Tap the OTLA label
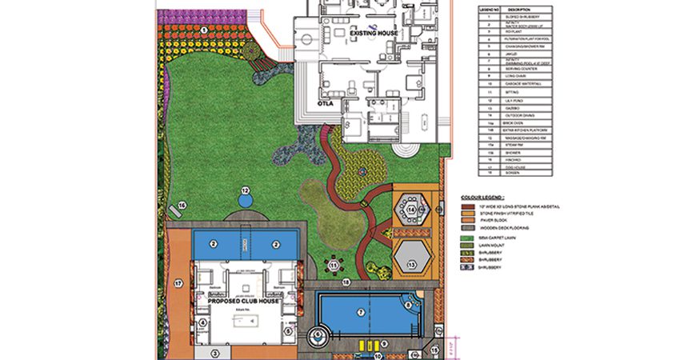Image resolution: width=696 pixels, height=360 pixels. (325, 103)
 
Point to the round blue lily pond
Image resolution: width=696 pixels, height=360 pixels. (246, 194)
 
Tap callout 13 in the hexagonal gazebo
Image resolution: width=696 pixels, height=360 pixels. (412, 263)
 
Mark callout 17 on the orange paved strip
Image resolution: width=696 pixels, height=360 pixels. (178, 282)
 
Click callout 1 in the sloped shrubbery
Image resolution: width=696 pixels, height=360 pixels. (204, 30)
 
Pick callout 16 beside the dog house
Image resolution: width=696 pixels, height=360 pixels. (182, 206)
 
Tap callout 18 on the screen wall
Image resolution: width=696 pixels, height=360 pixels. (346, 282)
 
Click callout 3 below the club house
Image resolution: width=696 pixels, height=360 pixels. (214, 351)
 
